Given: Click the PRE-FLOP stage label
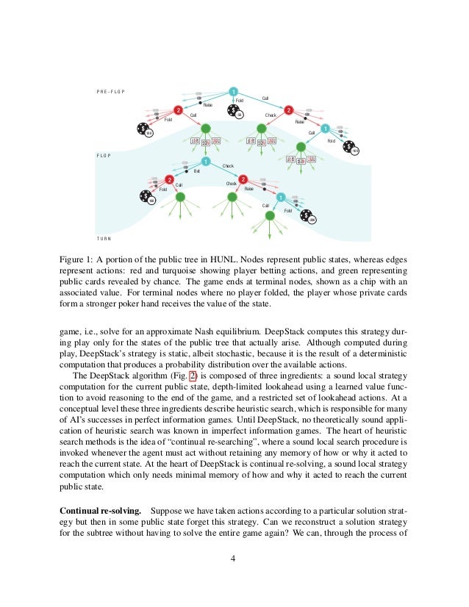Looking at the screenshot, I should (110, 91).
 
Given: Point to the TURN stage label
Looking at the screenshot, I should (104, 240).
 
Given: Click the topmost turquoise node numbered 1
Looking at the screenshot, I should (233, 91).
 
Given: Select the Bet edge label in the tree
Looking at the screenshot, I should (196, 170).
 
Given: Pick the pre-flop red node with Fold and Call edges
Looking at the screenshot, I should (177, 110).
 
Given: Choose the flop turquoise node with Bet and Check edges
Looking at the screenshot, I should (206, 162).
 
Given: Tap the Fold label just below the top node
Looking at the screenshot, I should (239, 100).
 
